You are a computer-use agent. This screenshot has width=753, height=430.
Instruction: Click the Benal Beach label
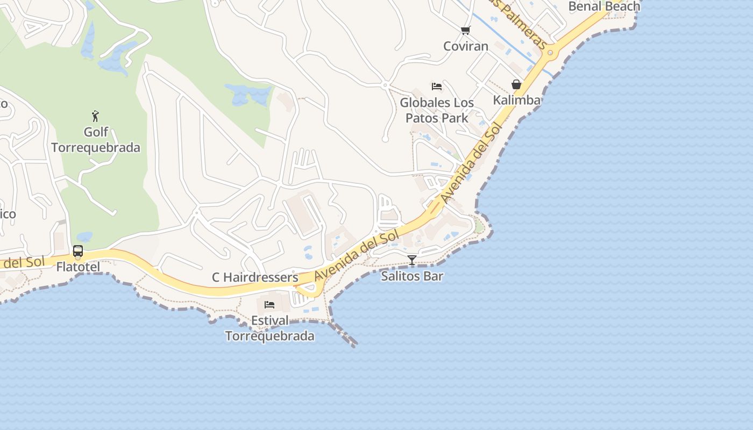(x=605, y=6)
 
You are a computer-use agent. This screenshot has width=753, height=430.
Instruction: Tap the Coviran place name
(x=466, y=46)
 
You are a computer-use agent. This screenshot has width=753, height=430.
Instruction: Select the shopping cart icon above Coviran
(x=465, y=31)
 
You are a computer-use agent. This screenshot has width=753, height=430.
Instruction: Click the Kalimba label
(x=516, y=101)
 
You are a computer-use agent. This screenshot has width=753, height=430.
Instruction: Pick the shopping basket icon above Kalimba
(x=516, y=85)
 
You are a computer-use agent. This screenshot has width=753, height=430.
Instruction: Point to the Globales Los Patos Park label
(x=437, y=110)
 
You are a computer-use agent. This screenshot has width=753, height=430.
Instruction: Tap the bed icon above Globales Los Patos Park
(x=437, y=87)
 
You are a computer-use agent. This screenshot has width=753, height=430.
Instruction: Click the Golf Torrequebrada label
(x=96, y=140)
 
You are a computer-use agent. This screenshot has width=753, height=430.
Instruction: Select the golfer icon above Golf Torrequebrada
(x=95, y=116)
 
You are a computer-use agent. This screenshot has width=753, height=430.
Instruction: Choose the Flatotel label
(x=78, y=266)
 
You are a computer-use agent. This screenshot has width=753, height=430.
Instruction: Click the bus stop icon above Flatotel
(x=78, y=251)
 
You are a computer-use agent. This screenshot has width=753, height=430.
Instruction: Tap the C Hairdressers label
(x=255, y=277)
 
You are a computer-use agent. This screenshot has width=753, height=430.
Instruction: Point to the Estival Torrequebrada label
(x=269, y=328)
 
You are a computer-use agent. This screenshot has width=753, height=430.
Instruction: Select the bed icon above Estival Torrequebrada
(x=269, y=305)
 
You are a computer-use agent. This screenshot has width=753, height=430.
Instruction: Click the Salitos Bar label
(x=412, y=276)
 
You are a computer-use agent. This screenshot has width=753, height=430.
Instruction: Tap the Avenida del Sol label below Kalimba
(x=472, y=163)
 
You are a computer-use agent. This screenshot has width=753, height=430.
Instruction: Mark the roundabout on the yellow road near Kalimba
(x=550, y=53)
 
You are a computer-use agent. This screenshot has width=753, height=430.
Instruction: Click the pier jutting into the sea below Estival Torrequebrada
(x=344, y=336)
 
